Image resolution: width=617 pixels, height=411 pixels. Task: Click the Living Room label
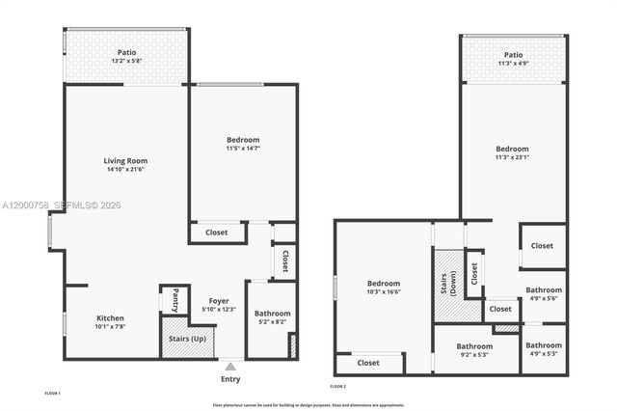click(x=126, y=160)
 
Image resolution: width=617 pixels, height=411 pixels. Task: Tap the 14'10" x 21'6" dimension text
click(x=126, y=170)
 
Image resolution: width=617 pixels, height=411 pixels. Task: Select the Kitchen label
click(x=110, y=317)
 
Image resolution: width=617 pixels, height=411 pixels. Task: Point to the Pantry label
click(x=174, y=299)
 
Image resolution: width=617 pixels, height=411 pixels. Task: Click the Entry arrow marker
click(x=229, y=367)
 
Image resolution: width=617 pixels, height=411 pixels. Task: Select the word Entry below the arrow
click(x=229, y=380)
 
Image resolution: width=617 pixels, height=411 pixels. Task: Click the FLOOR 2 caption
click(x=337, y=385)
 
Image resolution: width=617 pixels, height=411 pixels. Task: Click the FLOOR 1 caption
click(x=53, y=393)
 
